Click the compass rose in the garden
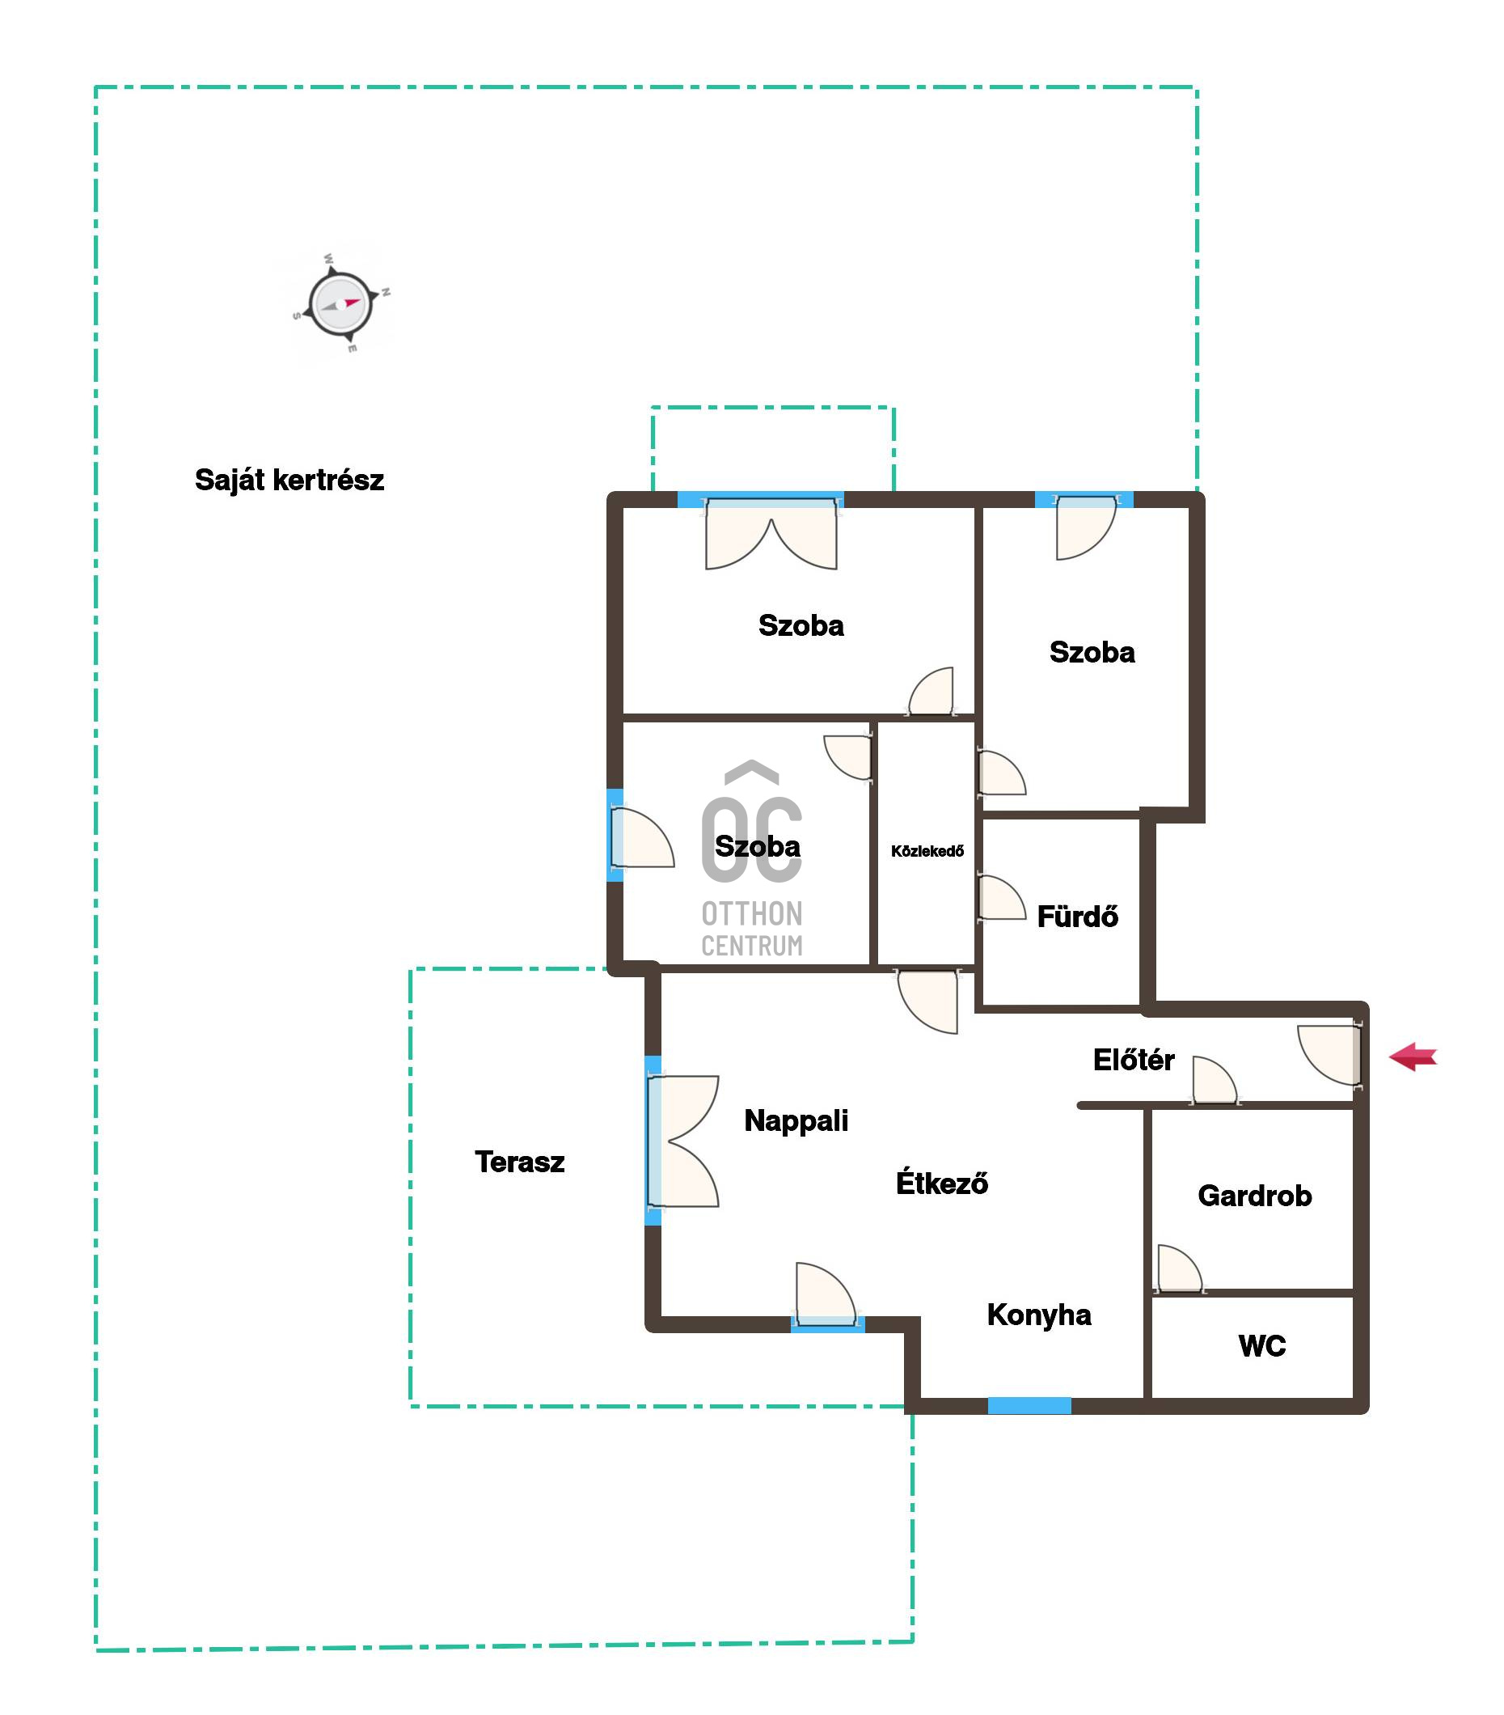pos(340,303)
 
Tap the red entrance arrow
pos(1413,1057)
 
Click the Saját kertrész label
pos(289,480)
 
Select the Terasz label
pos(519,1162)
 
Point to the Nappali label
pos(796,1121)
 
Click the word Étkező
pos(941,1182)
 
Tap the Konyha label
pos(1038,1315)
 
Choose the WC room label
pos(1261,1346)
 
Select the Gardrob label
pos(1255,1196)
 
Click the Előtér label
pos(1133,1060)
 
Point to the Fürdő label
pos(1077,916)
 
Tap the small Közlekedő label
pos(927,851)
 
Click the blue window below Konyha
pos(1029,1405)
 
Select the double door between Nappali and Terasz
pos(681,1141)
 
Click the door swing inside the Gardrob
pos(1180,1268)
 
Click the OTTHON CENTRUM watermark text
pos(751,929)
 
